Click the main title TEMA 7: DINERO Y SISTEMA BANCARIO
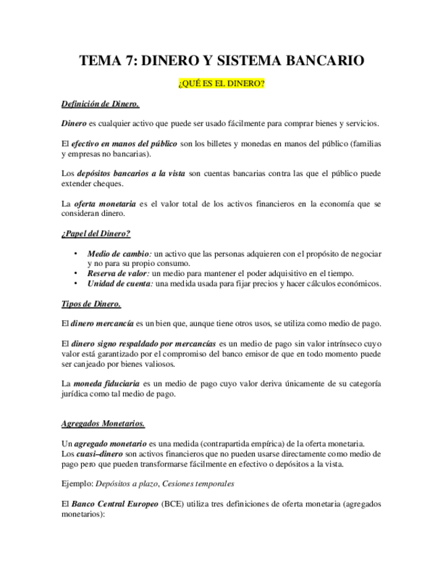coord(222,61)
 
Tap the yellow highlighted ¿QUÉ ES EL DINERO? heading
coord(222,84)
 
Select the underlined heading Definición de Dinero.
coord(100,104)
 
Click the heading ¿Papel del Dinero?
coord(95,234)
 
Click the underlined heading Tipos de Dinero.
coord(91,303)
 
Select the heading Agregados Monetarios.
coord(103,424)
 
